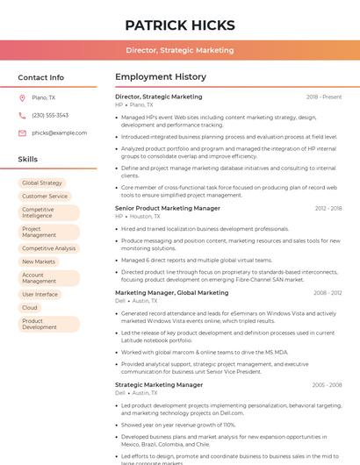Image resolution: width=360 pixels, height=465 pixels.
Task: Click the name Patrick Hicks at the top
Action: pyautogui.click(x=179, y=25)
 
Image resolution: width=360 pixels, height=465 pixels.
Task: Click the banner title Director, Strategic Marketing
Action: pyautogui.click(x=179, y=51)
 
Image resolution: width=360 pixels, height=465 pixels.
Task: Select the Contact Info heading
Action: pyautogui.click(x=41, y=77)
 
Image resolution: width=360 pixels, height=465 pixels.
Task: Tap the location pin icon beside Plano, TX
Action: pyautogui.click(x=22, y=98)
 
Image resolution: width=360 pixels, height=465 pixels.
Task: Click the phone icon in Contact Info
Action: pyautogui.click(x=22, y=115)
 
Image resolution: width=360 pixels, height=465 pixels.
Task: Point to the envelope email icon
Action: pyautogui.click(x=22, y=132)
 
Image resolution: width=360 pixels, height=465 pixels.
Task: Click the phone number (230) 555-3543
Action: pyautogui.click(x=50, y=115)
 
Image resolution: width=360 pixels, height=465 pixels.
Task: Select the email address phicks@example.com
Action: pyautogui.click(x=60, y=132)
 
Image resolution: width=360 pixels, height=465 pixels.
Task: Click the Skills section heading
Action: pyautogui.click(x=28, y=159)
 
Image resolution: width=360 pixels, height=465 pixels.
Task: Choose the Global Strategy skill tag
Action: pyautogui.click(x=42, y=183)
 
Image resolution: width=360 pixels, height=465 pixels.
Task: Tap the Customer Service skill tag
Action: pyautogui.click(x=45, y=197)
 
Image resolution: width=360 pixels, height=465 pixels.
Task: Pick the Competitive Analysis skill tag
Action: pyautogui.click(x=49, y=248)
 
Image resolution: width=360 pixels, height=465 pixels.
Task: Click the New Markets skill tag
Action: pyautogui.click(x=39, y=261)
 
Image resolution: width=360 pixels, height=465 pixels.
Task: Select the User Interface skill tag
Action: pyautogui.click(x=40, y=295)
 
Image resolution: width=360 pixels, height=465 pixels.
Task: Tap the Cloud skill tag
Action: pyautogui.click(x=30, y=308)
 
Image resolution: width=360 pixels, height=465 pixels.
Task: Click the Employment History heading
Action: pyautogui.click(x=160, y=77)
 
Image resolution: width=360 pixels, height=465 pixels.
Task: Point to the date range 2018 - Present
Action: pyautogui.click(x=324, y=97)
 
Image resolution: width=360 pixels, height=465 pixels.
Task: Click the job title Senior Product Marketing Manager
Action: pyautogui.click(x=168, y=209)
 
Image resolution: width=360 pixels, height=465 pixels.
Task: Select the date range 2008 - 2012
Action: pyautogui.click(x=328, y=293)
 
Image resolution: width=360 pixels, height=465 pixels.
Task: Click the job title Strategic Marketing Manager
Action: pyautogui.click(x=159, y=384)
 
